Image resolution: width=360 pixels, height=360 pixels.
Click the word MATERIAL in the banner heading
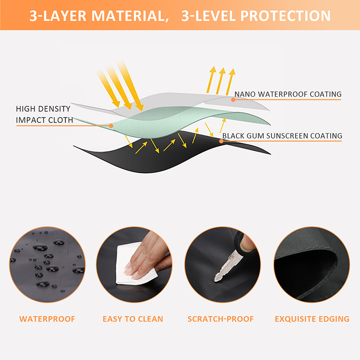(x=130, y=16)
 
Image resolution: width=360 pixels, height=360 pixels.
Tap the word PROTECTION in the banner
(x=285, y=16)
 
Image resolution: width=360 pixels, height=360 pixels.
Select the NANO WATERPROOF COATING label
(x=288, y=94)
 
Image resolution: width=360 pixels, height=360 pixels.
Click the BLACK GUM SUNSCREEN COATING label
(x=282, y=136)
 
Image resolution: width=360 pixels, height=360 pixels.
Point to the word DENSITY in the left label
(x=54, y=109)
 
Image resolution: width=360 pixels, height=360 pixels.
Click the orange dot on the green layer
(x=111, y=126)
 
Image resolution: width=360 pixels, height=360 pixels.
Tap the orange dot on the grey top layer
(x=233, y=99)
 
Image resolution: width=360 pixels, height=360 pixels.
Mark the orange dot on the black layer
(x=221, y=141)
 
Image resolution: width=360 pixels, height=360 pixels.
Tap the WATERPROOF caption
(x=47, y=319)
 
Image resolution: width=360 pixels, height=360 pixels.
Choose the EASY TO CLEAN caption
(x=133, y=319)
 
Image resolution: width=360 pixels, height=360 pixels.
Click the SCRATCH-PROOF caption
(x=220, y=319)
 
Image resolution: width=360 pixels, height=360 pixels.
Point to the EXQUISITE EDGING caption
(x=312, y=319)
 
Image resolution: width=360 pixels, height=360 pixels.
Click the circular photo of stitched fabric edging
(x=312, y=265)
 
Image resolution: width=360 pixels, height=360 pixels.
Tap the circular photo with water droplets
(x=47, y=265)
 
